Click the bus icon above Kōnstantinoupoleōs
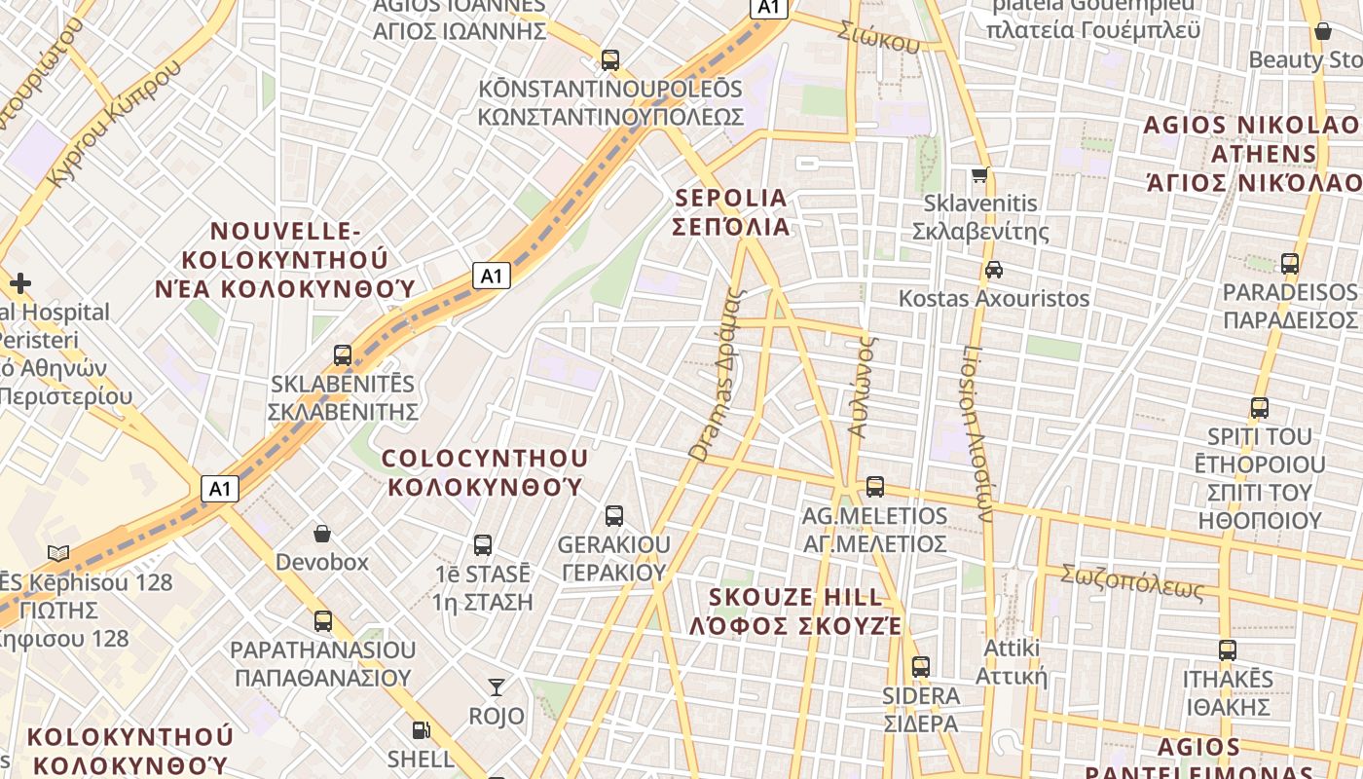610,60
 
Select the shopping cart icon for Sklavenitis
980,176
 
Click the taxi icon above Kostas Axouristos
993,270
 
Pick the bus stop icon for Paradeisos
1290,264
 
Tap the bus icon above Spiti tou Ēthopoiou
1260,408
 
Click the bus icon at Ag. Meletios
875,487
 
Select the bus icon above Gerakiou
614,516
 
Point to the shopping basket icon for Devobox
322,534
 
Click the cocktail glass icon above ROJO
497,687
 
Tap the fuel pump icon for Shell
421,729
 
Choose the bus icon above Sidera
921,667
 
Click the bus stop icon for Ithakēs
1228,649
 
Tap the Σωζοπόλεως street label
1132,581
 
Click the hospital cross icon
20,283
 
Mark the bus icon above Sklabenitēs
343,355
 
